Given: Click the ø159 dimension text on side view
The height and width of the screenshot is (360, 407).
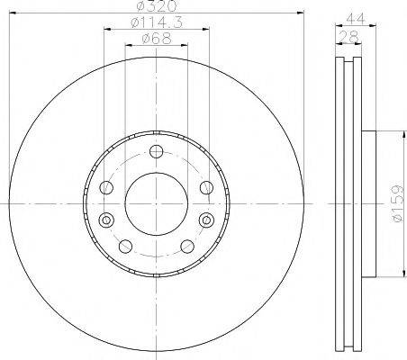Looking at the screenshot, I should coord(396,203).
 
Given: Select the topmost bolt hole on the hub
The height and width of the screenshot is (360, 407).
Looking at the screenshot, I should coord(156,151).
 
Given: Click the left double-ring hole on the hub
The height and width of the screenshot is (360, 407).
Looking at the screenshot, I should coord(106,220).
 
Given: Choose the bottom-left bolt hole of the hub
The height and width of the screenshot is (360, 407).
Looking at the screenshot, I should coord(126,246).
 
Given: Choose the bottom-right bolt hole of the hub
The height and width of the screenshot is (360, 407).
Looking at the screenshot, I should coord(186,246).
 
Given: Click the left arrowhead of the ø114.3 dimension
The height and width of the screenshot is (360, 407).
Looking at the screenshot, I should coord(105,29).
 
